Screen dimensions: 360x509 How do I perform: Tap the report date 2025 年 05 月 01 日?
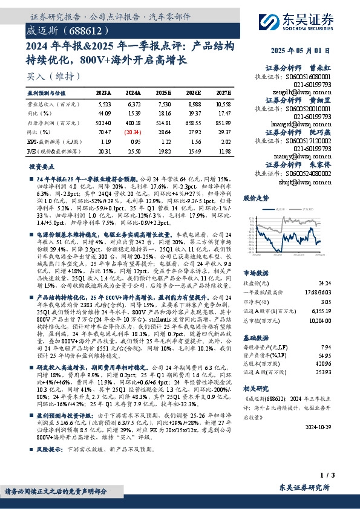pos(308,52)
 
